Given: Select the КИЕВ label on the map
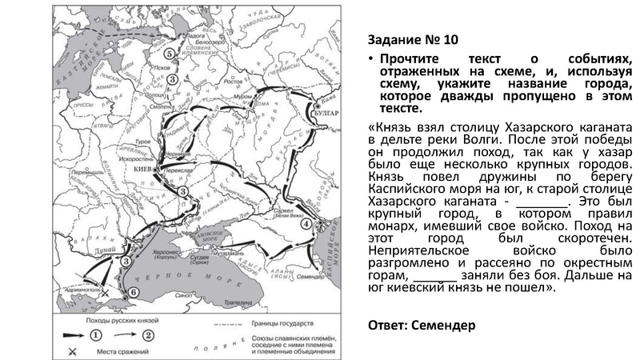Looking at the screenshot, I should pyautogui.click(x=143, y=170).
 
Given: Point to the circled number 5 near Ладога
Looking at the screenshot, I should pyautogui.click(x=170, y=53).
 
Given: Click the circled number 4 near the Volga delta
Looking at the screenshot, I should pyautogui.click(x=306, y=224).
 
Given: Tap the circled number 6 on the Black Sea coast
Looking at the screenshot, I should pyautogui.click(x=134, y=293).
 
